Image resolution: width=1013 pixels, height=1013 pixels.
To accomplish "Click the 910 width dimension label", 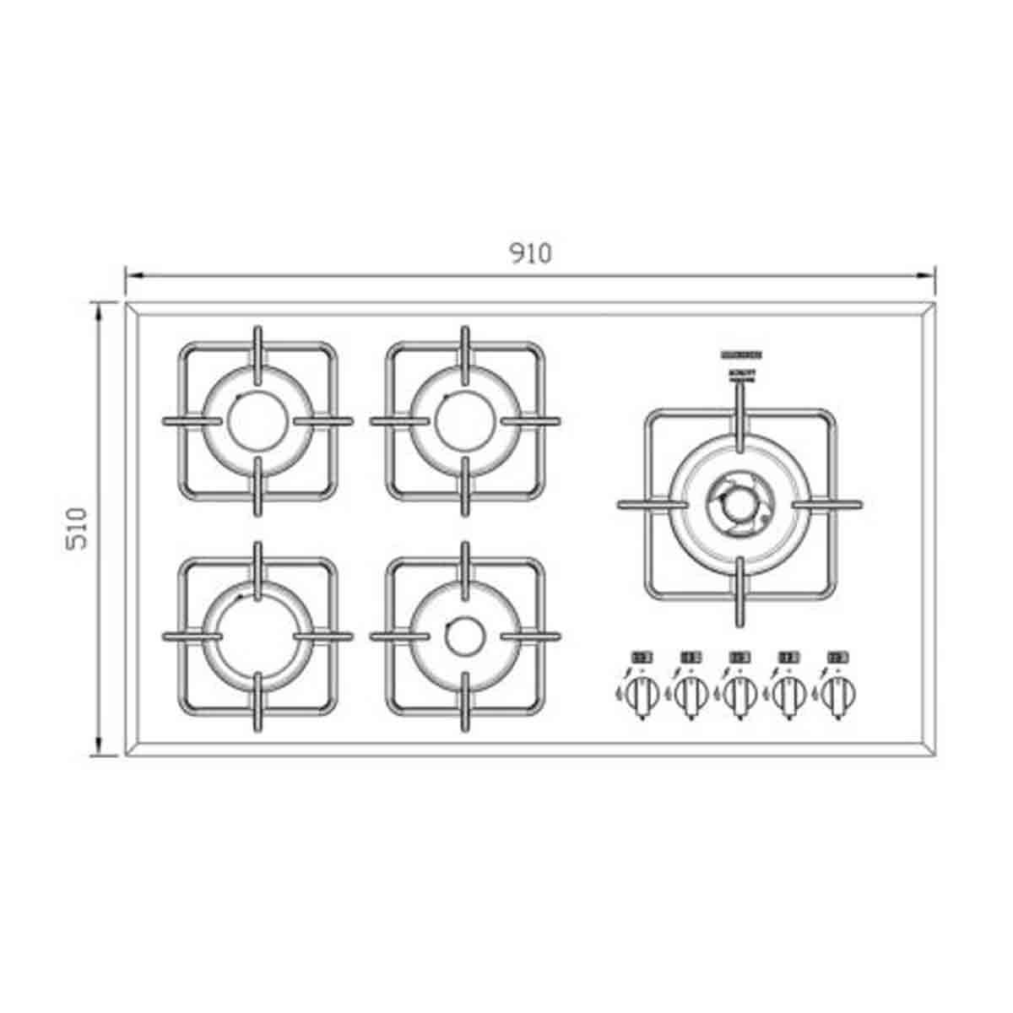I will pos(531,253).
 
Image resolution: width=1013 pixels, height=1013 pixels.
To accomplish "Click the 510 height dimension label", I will pos(77,528).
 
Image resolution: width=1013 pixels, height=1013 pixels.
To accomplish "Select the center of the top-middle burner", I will pos(464,420).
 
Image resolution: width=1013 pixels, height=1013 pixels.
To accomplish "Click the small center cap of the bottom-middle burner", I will pos(463,636).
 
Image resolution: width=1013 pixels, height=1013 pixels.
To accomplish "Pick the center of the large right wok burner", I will pos(739,504).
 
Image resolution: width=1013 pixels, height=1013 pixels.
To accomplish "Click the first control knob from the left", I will pos(643,695).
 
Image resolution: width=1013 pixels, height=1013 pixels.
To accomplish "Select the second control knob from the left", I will pos(691,695).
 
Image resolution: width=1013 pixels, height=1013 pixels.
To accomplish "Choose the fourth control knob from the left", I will pos(789,695).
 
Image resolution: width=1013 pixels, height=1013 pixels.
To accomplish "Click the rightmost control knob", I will pos(838,695).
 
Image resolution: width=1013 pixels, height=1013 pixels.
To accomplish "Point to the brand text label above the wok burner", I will pos(740,355).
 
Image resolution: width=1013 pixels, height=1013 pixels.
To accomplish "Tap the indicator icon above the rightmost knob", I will pos(838,656).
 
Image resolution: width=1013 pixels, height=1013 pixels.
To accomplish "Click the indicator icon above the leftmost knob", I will pos(643,656).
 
